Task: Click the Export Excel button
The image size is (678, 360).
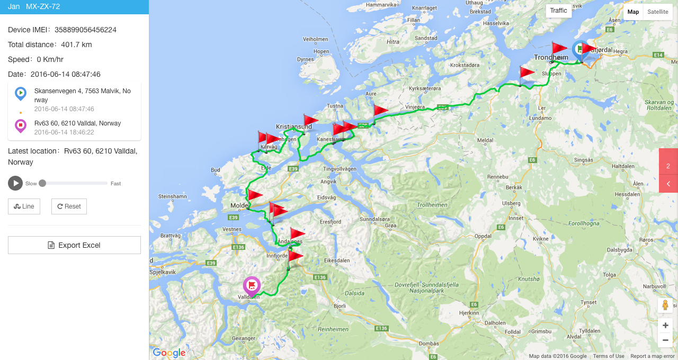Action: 74,245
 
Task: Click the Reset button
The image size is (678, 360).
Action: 69,206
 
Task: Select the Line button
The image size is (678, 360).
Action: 24,206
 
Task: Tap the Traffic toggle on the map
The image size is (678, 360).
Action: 558,11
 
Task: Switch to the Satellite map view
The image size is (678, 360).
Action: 657,12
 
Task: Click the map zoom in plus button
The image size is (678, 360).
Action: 665,326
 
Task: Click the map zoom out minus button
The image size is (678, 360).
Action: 665,340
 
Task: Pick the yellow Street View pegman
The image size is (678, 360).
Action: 665,305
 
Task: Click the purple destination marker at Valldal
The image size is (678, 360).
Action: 252,286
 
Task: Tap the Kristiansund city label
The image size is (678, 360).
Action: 294,127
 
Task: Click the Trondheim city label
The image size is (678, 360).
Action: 551,57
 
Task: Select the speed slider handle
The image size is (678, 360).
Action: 42,183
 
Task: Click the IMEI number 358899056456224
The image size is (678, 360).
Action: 85,30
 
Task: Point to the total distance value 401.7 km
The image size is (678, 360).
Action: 76,44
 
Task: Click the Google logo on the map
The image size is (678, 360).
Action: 169,353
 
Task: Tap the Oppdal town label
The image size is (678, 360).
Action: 483,236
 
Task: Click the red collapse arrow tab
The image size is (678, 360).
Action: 668,184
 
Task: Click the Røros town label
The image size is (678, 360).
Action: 646,240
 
